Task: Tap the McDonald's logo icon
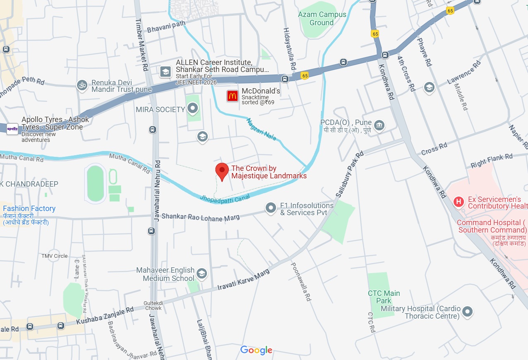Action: (232, 96)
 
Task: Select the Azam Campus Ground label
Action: (322, 19)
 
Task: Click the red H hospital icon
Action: (458, 202)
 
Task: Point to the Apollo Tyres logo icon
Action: (12, 129)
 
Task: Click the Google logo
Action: (256, 350)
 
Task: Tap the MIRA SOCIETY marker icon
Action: (192, 109)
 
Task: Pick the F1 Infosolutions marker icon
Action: (271, 208)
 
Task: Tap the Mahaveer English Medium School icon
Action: (202, 274)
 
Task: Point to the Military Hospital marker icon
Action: (468, 312)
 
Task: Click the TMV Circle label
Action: (54, 256)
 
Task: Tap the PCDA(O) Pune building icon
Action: (379, 125)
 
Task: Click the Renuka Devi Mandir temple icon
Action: (82, 85)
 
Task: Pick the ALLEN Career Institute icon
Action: (166, 72)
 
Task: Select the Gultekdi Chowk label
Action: (153, 305)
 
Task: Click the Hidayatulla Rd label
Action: (290, 48)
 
